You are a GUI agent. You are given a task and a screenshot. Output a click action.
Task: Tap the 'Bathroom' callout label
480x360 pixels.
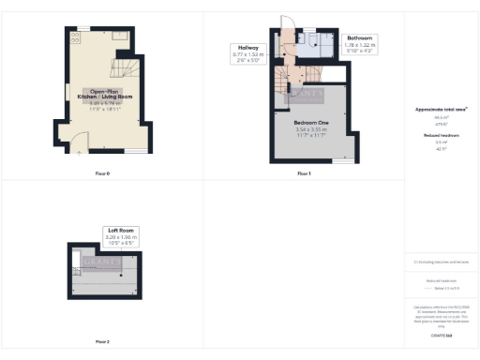click(x=362, y=37)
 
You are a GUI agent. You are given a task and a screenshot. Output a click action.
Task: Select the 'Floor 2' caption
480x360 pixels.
click(x=101, y=341)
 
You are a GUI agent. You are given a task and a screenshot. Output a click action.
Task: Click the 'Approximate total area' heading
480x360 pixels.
click(x=441, y=110)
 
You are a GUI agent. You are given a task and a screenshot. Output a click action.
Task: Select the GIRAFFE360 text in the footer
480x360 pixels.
click(x=441, y=335)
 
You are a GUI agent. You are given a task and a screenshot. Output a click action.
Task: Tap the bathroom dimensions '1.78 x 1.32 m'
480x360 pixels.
click(x=362, y=45)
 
